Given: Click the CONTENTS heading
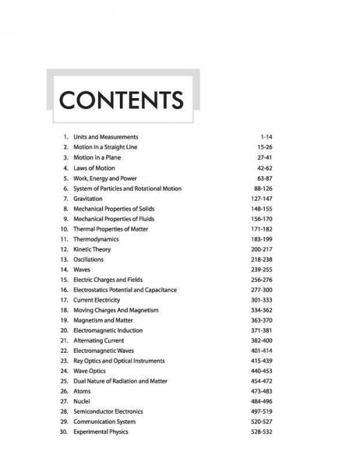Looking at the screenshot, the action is (121, 101).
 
